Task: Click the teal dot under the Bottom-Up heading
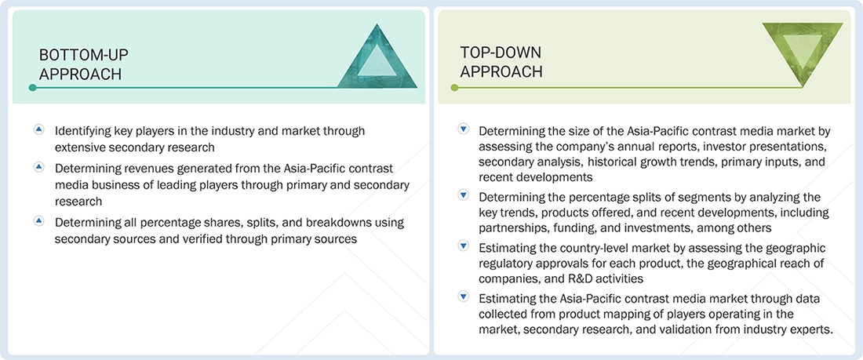click(x=32, y=88)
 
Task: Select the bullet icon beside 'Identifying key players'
click(x=38, y=129)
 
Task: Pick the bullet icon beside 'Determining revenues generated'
click(x=38, y=167)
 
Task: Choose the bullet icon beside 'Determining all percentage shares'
click(x=38, y=221)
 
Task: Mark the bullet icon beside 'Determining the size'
click(x=463, y=129)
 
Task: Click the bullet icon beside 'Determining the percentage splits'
click(x=463, y=195)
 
